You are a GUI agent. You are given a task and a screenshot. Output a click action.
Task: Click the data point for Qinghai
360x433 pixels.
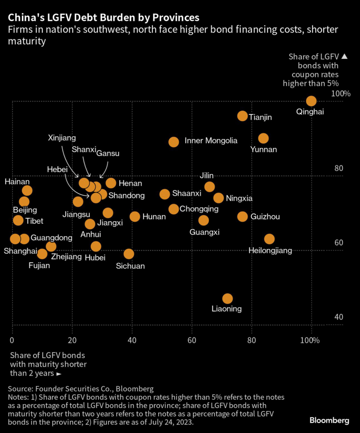click(311, 101)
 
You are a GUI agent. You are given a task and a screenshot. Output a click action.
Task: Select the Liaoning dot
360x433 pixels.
click(228, 299)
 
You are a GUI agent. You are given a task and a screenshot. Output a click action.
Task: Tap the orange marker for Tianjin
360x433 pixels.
click(242, 116)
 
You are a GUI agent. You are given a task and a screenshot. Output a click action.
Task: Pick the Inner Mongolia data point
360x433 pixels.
click(173, 142)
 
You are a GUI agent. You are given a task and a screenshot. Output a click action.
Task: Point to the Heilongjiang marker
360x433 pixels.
click(269, 239)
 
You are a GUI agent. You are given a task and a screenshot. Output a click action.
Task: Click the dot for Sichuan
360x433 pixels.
click(129, 254)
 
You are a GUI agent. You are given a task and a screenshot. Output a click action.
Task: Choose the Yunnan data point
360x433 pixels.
click(264, 138)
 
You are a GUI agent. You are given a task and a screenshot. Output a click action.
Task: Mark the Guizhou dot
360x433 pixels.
click(242, 216)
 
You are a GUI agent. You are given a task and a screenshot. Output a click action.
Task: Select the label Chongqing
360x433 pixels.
click(199, 209)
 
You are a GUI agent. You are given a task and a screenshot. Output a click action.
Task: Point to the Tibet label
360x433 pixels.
click(34, 221)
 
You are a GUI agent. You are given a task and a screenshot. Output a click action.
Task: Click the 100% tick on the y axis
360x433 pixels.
click(341, 93)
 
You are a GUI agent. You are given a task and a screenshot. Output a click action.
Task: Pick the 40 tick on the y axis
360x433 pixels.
click(338, 317)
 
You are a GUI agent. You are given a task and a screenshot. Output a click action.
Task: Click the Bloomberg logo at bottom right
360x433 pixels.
click(329, 420)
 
